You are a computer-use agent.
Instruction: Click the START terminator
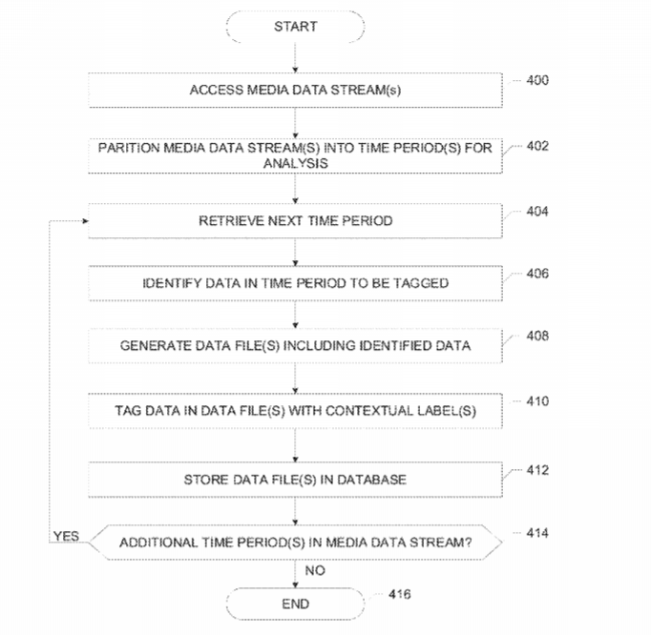coord(295,27)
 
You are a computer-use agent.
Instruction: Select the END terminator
coord(295,604)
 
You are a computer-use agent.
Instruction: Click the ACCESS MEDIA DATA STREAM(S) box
coord(295,92)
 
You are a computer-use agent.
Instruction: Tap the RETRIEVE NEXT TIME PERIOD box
coord(295,221)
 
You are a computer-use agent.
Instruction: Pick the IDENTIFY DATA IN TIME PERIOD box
coord(295,283)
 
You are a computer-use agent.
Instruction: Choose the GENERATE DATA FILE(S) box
coord(295,345)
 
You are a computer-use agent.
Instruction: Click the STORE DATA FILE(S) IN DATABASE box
coord(295,480)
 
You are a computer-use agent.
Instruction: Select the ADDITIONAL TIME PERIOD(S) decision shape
coord(295,543)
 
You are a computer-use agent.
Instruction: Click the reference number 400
coord(536,80)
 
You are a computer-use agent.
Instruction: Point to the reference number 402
coord(536,146)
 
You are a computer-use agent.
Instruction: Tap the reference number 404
coord(536,211)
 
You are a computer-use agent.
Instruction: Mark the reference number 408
coord(536,337)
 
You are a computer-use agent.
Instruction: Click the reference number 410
coord(536,401)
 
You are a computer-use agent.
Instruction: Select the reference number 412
coord(536,469)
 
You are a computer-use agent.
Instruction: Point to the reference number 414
coord(536,532)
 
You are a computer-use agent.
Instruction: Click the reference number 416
coord(402,595)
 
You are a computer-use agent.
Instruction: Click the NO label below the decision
coord(314,570)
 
